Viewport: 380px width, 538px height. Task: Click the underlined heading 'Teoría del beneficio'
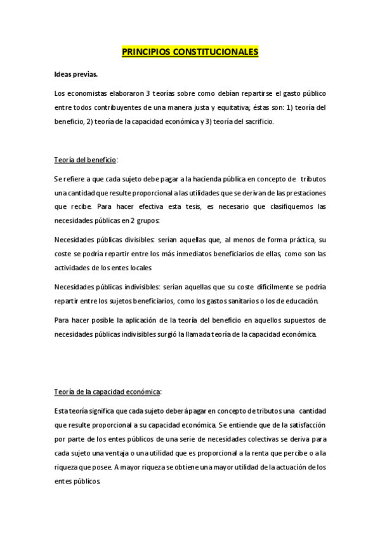click(85, 160)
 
